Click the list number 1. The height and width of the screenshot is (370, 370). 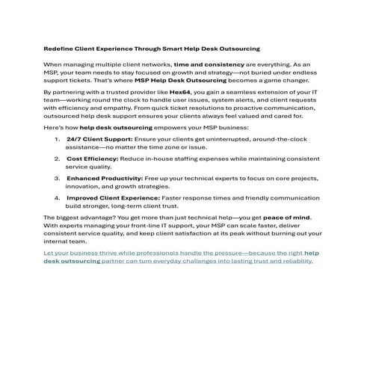tap(58, 140)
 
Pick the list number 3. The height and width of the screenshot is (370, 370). tap(58, 179)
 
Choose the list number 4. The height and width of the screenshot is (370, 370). tap(58, 198)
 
